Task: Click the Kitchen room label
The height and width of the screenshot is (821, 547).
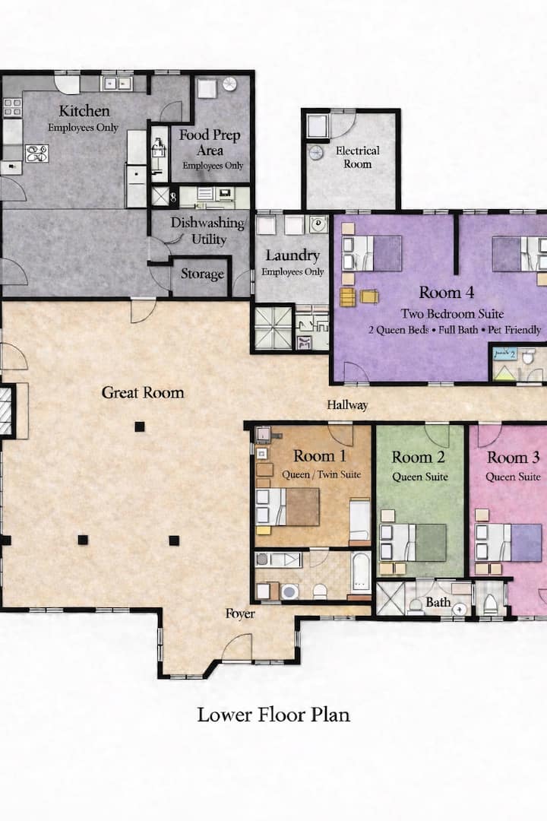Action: click(x=84, y=111)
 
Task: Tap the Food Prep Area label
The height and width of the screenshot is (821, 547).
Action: click(x=210, y=142)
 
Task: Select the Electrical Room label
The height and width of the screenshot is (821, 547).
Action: click(x=358, y=157)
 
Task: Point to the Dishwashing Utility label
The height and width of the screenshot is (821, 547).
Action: click(x=208, y=231)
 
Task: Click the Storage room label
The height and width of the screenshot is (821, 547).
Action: click(x=202, y=274)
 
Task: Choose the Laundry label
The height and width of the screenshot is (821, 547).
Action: click(x=292, y=255)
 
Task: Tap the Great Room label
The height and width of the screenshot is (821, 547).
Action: click(x=143, y=392)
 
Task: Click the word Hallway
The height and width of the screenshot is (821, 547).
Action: click(x=347, y=404)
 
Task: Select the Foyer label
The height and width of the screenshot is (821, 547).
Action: click(x=240, y=613)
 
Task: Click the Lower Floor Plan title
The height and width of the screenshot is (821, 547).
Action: click(x=273, y=715)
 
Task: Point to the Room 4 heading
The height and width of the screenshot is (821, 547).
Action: click(x=447, y=292)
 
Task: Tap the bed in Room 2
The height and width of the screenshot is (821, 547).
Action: click(x=413, y=543)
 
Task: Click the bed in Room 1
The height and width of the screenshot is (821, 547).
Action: click(x=287, y=507)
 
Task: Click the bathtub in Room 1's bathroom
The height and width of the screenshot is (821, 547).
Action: click(x=361, y=573)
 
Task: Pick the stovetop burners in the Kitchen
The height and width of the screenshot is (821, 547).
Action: click(x=37, y=154)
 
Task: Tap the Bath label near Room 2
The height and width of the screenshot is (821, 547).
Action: click(x=438, y=602)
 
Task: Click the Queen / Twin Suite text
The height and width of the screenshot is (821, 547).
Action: click(x=321, y=474)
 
